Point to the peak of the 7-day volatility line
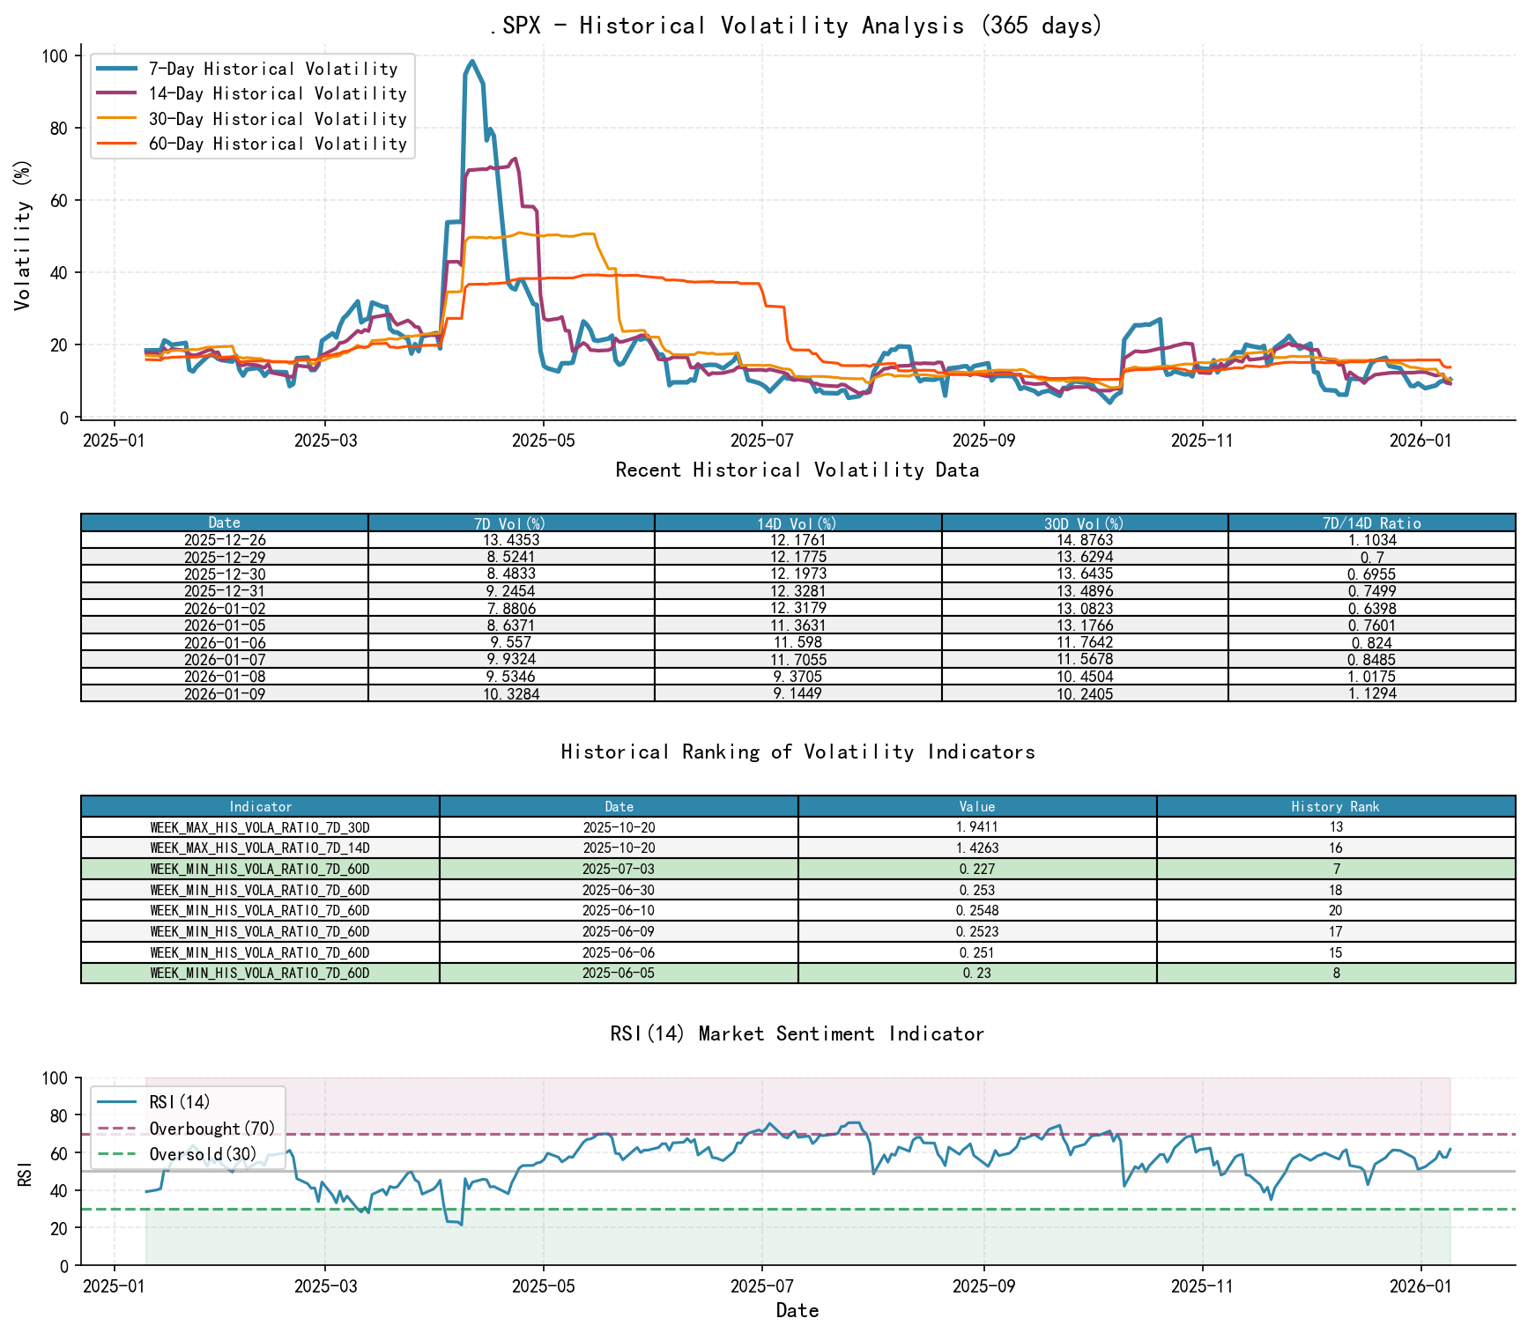[472, 62]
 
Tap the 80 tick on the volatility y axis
[57, 129]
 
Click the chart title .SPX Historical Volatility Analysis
[797, 26]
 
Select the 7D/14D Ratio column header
[1371, 523]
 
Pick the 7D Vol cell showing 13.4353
[511, 540]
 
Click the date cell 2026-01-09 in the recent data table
[225, 694]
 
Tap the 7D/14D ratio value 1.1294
[1371, 694]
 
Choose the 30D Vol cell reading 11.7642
[1085, 643]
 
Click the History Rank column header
[1335, 806]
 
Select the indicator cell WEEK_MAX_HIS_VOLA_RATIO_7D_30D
[260, 827]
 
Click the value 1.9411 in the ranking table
[977, 827]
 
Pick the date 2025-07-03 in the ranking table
[619, 870]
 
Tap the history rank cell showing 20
[1335, 911]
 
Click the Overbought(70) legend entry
[211, 1129]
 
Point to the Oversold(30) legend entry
[203, 1154]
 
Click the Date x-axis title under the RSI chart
[797, 1311]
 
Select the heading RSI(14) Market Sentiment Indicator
[797, 1033]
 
